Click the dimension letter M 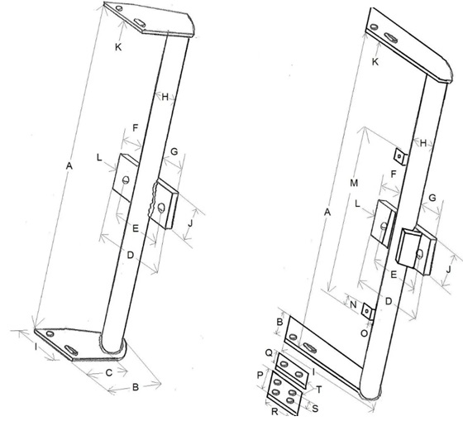click(354, 183)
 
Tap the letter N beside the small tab click(354, 304)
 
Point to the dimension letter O click(365, 333)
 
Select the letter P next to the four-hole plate click(260, 376)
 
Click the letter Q click(269, 352)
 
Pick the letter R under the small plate click(274, 412)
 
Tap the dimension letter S click(315, 409)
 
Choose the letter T click(319, 390)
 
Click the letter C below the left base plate click(109, 373)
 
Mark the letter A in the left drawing click(69, 166)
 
